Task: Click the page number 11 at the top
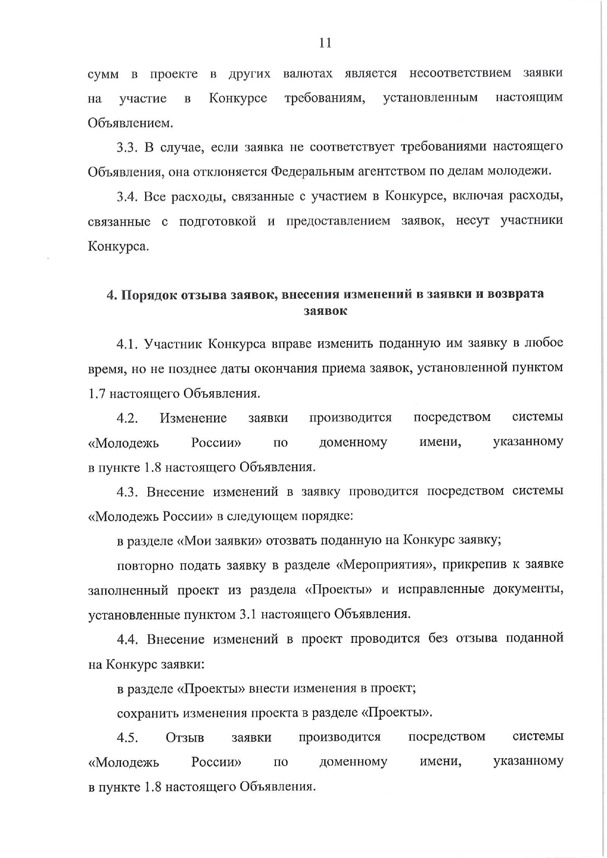(x=325, y=43)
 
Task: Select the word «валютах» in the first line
(x=308, y=74)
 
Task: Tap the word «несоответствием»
(x=460, y=73)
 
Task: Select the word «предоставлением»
(x=338, y=221)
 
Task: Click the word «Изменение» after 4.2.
(x=193, y=418)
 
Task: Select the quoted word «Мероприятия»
(x=386, y=565)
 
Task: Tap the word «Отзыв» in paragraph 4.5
(x=185, y=737)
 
